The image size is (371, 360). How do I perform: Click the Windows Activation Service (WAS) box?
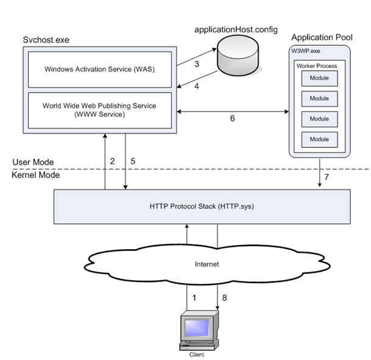pyautogui.click(x=99, y=68)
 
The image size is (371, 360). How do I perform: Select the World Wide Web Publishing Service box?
pyautogui.click(x=99, y=110)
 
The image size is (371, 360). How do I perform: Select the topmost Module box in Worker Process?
pyautogui.click(x=319, y=79)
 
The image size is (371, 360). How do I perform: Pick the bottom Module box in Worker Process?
pyautogui.click(x=319, y=139)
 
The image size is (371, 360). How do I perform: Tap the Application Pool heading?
pyautogui.click(x=321, y=38)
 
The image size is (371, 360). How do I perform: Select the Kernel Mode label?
pyautogui.click(x=35, y=175)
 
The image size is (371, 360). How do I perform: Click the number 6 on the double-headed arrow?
pyautogui.click(x=233, y=119)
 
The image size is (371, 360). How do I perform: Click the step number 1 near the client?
pyautogui.click(x=195, y=298)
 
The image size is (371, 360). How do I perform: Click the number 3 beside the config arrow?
pyautogui.click(x=197, y=65)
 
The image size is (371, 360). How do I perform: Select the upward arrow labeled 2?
pyautogui.click(x=105, y=162)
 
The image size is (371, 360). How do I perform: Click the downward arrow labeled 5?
pyautogui.click(x=125, y=162)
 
